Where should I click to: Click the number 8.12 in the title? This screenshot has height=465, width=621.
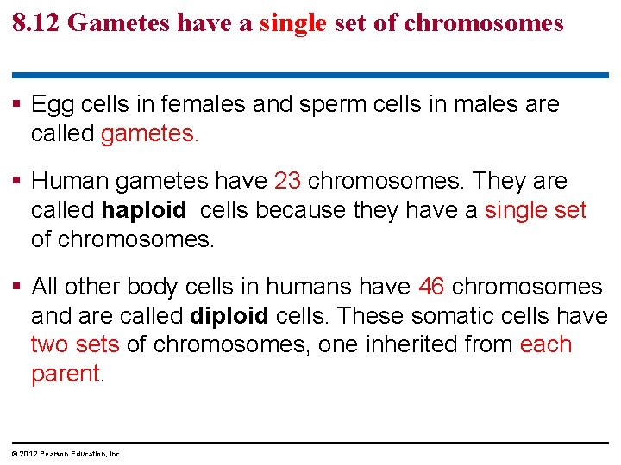[36, 23]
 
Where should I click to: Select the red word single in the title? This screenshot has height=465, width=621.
[293, 23]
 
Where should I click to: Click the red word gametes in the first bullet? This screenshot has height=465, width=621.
[148, 134]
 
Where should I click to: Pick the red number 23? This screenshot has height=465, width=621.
[287, 182]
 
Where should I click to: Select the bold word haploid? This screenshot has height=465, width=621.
[144, 211]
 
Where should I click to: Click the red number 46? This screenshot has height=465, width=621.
[431, 287]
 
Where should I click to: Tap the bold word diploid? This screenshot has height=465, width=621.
[229, 316]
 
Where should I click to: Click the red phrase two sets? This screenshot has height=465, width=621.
[75, 345]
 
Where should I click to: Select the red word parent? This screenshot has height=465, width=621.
[66, 375]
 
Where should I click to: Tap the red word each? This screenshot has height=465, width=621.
[546, 345]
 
